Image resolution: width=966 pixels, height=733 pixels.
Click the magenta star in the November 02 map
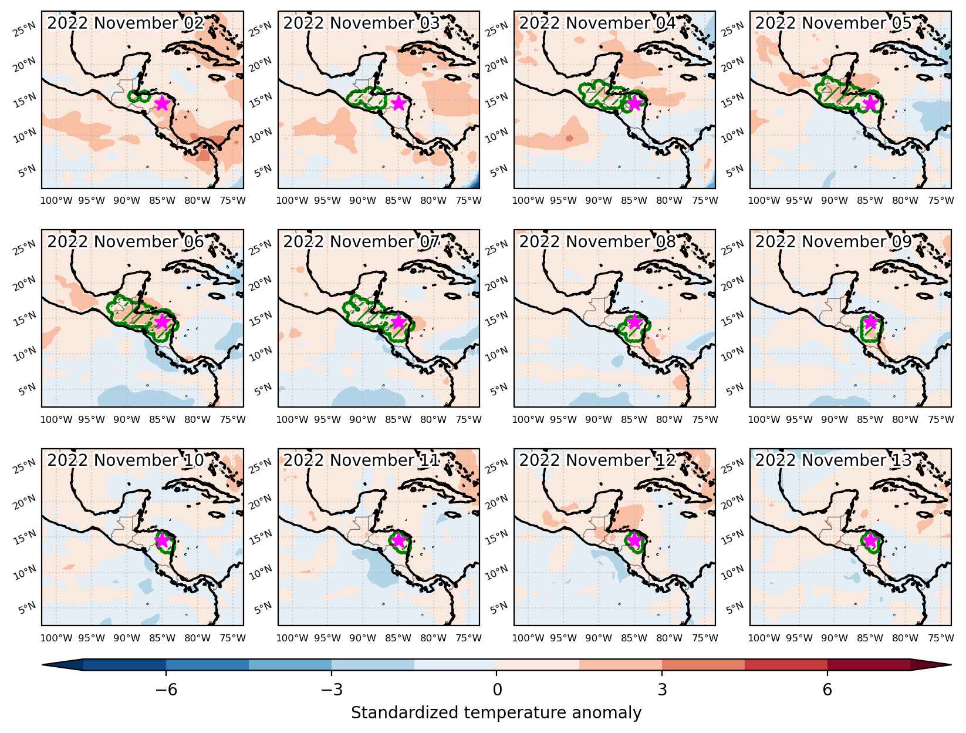click(163, 103)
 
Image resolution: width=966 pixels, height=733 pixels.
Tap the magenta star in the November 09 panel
click(870, 322)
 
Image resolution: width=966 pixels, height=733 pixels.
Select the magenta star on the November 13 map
click(870, 540)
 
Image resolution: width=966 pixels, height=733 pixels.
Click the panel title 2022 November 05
click(833, 23)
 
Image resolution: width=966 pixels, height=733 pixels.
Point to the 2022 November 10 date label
click(126, 460)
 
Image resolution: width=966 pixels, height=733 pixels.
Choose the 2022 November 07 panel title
click(362, 242)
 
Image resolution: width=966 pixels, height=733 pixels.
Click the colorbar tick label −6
click(166, 690)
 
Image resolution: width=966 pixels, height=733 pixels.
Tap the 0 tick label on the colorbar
click(497, 690)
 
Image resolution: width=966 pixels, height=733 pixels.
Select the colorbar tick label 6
click(827, 690)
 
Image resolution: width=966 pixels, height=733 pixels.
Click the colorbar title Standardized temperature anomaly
click(496, 713)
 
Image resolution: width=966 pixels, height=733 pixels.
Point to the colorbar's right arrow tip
click(951, 665)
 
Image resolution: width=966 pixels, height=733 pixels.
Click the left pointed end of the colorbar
click(42, 665)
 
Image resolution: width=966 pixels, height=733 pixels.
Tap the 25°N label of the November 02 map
click(25, 29)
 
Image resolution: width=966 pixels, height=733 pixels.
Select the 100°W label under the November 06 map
click(56, 419)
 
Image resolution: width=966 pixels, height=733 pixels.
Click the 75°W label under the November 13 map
click(941, 638)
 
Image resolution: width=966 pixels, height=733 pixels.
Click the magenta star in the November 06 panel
click(163, 322)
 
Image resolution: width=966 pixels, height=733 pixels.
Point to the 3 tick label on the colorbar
click(663, 690)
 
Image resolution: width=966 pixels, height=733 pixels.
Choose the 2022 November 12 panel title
click(597, 460)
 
